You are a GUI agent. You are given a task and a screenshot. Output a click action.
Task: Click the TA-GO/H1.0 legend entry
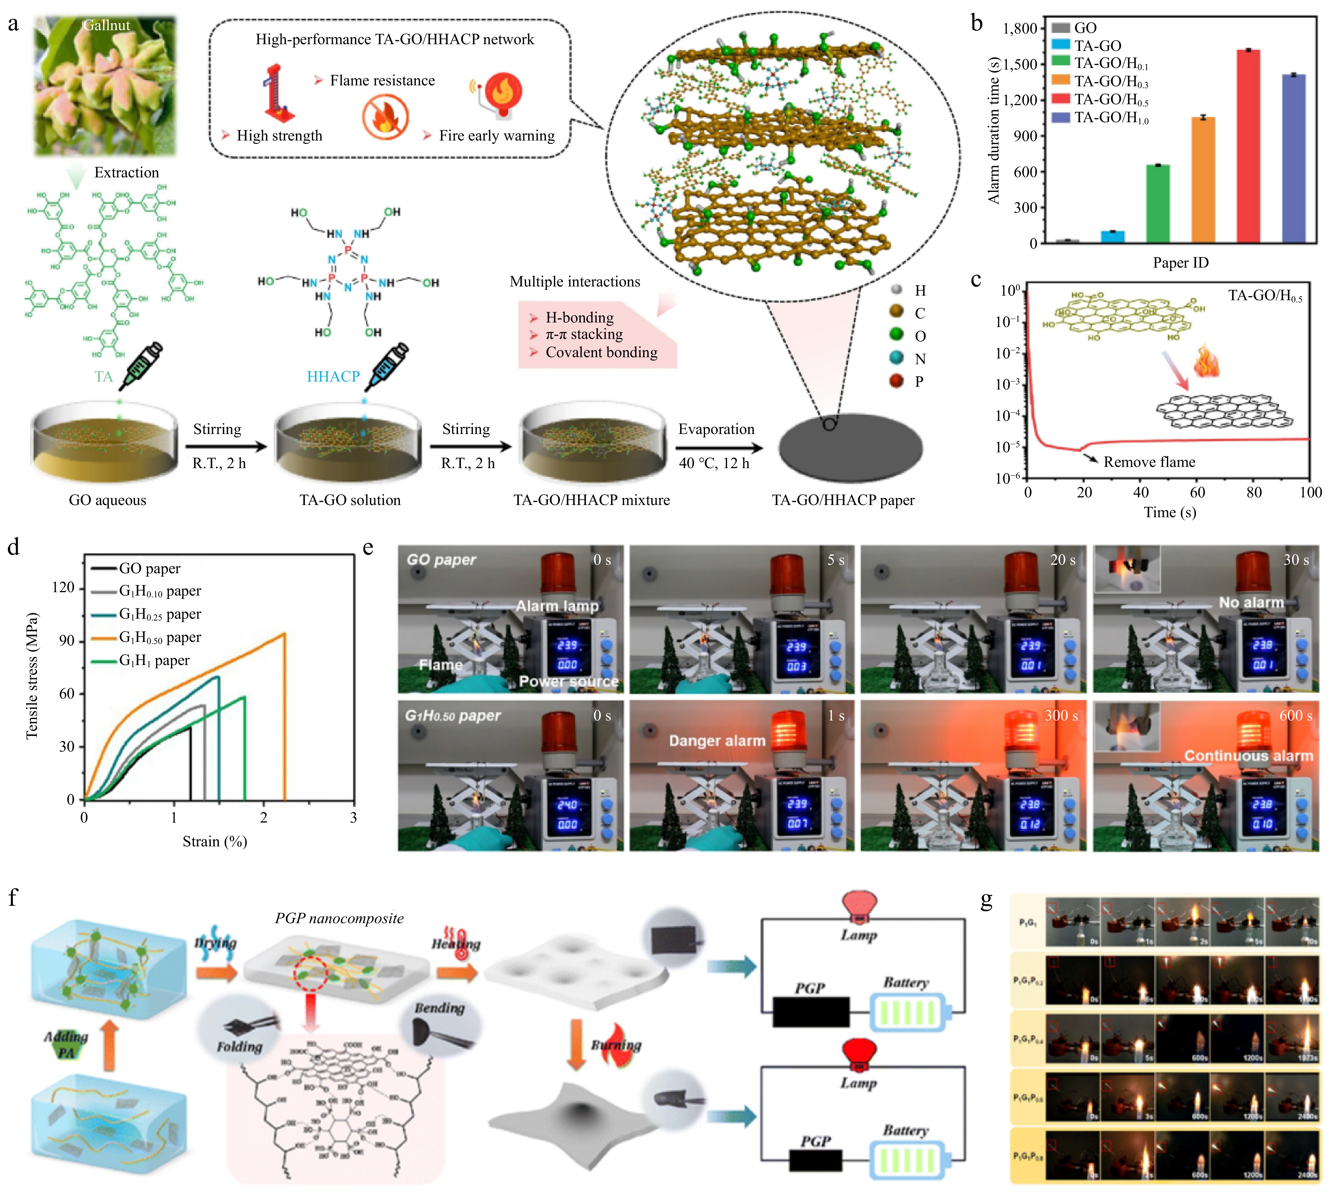pos(1110,118)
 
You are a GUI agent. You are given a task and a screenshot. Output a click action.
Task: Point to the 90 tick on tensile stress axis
pos(66,641)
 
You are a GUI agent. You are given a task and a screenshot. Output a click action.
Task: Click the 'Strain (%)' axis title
pos(215,842)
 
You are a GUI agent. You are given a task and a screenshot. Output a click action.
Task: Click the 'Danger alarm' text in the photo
pos(717,741)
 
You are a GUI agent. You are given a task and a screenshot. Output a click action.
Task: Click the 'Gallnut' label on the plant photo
pos(106,26)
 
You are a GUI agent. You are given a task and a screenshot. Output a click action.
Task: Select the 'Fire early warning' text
pos(497,136)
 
